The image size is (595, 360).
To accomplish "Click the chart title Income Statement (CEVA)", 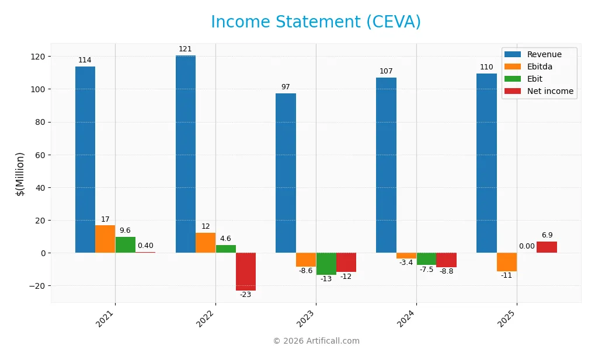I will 316,22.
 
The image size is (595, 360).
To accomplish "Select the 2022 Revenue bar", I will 186,154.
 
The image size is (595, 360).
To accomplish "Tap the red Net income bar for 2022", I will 246,271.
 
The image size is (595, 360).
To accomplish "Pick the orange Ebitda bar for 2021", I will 105,239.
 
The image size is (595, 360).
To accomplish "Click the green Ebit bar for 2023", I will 326,264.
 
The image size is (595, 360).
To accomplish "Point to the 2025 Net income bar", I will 547,247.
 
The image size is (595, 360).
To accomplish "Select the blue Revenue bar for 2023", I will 286,173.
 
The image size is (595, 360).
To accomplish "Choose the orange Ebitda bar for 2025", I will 507,262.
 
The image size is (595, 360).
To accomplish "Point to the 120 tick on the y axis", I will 38,57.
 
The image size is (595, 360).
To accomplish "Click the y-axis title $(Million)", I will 20,174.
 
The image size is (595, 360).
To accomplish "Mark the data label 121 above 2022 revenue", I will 185,49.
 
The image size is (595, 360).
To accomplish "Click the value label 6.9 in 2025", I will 547,235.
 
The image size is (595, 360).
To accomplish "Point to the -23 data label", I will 246,295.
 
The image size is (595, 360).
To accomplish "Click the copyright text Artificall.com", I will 316,341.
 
